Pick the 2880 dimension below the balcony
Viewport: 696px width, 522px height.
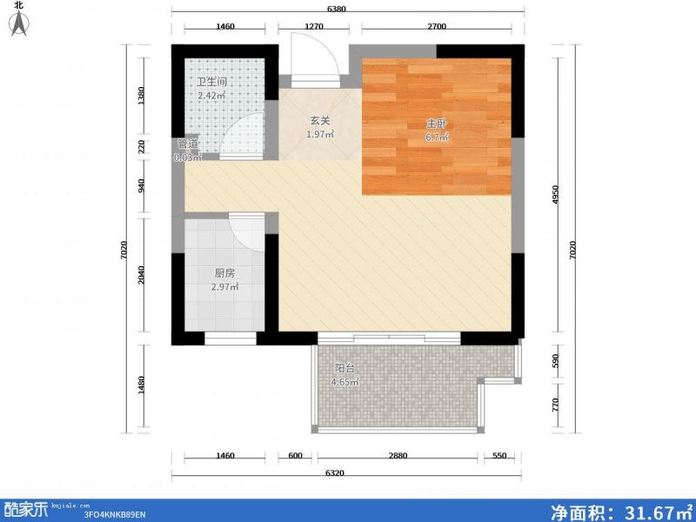click(398, 456)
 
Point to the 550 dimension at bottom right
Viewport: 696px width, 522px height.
click(499, 456)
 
